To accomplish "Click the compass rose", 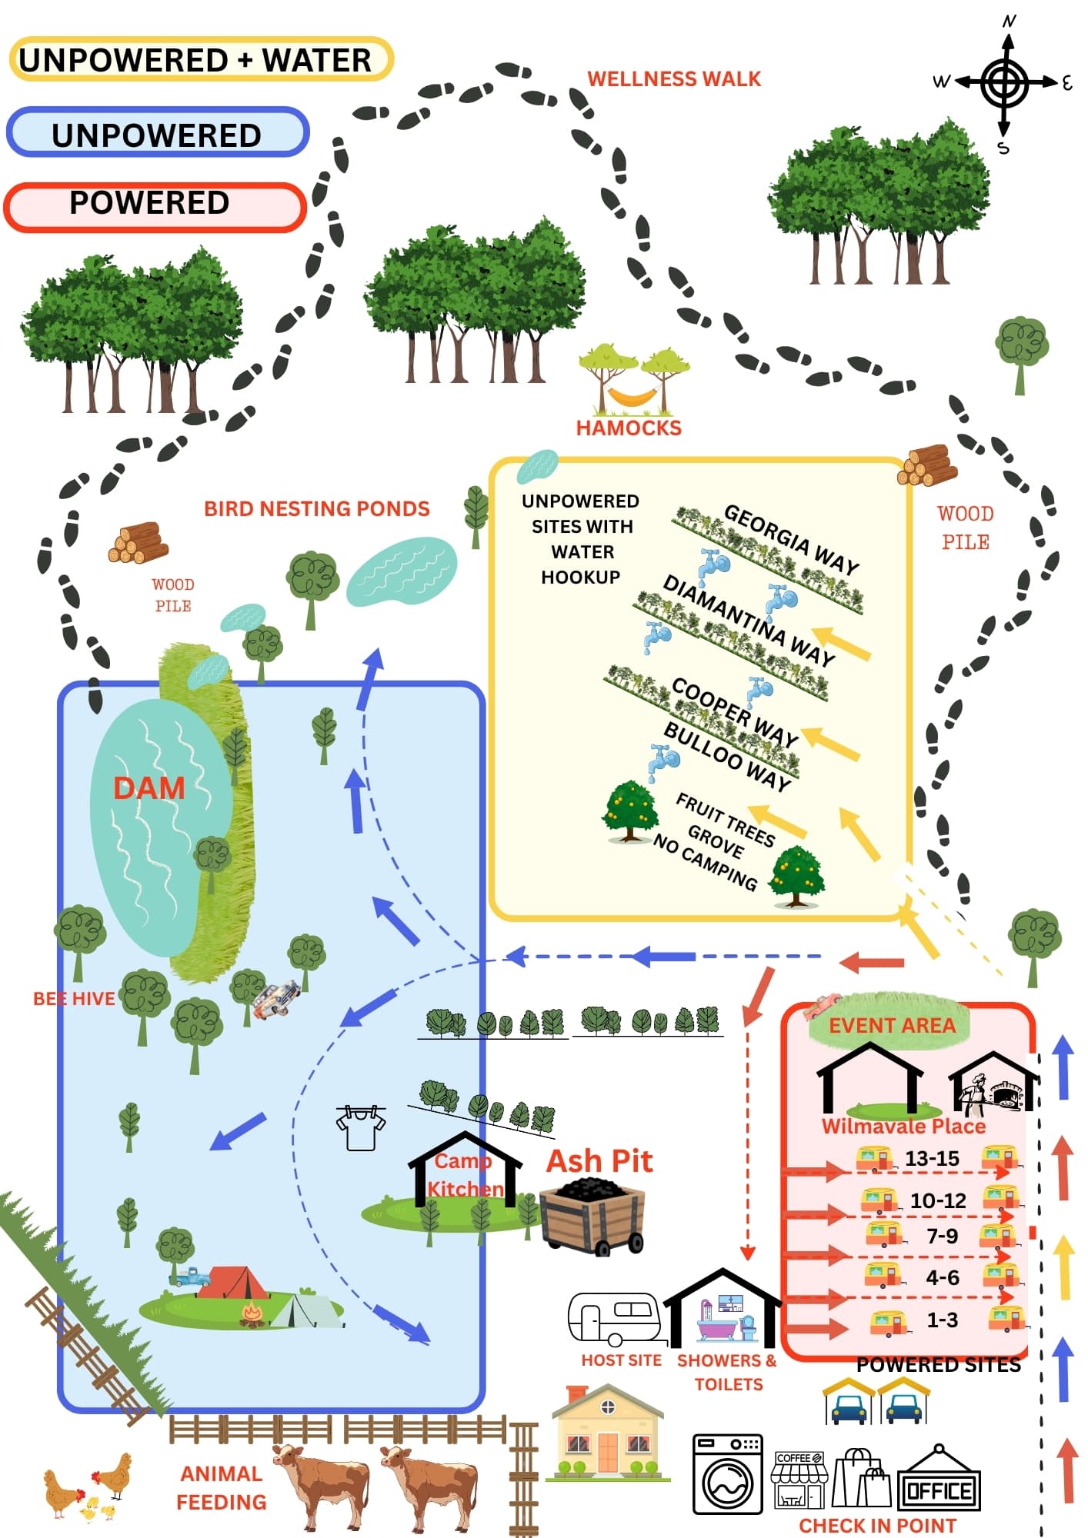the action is [x=1004, y=83].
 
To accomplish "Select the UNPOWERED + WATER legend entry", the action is [x=201, y=59].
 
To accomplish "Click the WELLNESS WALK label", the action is [x=674, y=78].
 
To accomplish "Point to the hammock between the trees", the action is [x=632, y=396].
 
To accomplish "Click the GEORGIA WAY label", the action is [x=792, y=539].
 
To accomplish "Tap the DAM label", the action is [x=149, y=788].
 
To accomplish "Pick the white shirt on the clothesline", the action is [x=361, y=1128].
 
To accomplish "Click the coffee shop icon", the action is [x=799, y=1480].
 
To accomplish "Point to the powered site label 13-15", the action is [x=932, y=1158].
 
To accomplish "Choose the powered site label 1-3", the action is [x=942, y=1320].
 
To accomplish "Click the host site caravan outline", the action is [x=613, y=1317].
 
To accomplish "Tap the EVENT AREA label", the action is [x=892, y=1025].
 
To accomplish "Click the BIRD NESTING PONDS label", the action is [x=317, y=508].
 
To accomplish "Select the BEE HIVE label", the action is [x=74, y=998].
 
